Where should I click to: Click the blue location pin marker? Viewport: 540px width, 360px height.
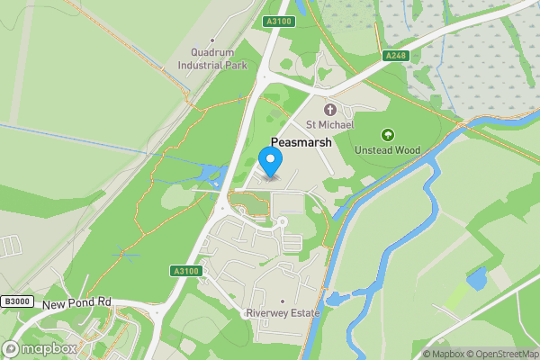coord(271,162)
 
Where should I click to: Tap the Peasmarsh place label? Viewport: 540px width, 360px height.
coord(301,142)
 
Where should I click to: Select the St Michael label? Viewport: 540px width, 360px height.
coord(328,125)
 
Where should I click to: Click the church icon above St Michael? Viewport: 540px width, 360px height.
coord(328,109)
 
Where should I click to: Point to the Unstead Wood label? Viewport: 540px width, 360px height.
coord(388,150)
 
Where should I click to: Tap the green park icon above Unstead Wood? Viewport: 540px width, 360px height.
coord(388,134)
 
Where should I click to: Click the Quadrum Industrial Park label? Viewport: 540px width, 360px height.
coord(212,58)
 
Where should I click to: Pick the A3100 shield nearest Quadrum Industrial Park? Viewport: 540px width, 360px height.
coord(278,21)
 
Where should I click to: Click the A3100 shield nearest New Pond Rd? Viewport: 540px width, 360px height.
coord(183,271)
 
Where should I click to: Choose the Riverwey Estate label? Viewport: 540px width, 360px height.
coord(283,314)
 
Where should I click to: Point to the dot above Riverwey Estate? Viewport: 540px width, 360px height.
coord(283,301)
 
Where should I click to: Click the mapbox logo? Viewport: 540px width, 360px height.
coord(40,348)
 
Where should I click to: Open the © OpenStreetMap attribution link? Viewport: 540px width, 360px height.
coord(500,354)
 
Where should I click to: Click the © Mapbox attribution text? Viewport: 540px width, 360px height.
coord(445,354)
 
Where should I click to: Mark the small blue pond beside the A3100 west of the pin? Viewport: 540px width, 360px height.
coord(211,173)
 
